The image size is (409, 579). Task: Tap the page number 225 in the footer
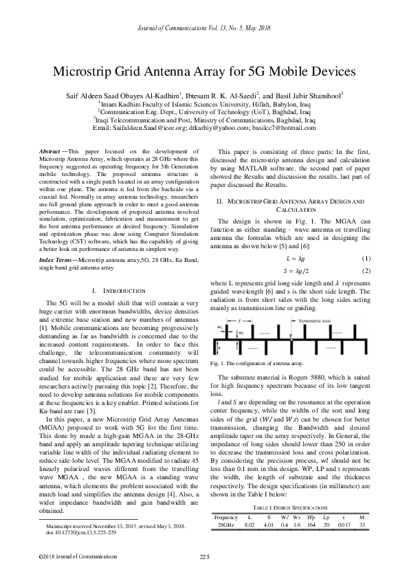[x=204, y=556]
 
